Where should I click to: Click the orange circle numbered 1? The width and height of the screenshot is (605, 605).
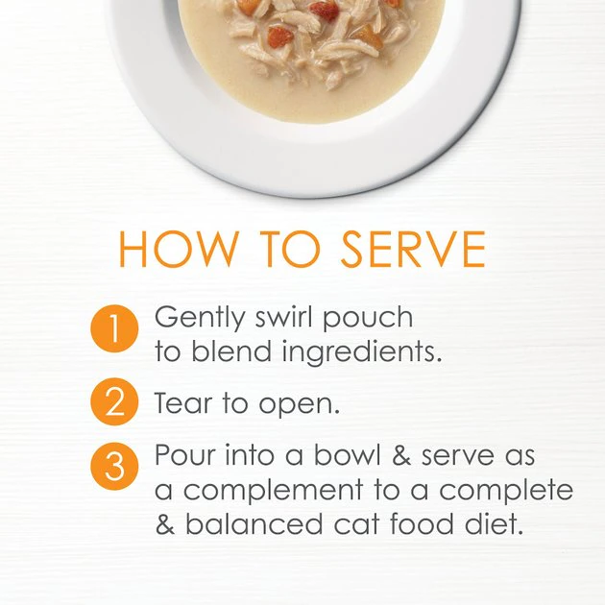coord(114,328)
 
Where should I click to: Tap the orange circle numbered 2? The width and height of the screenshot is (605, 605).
coord(114,401)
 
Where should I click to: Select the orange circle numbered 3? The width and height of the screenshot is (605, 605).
coord(114,466)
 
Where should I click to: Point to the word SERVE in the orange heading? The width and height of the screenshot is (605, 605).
coord(413,249)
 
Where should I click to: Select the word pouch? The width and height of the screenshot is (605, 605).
coord(368,319)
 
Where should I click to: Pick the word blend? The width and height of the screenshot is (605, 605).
coord(231,351)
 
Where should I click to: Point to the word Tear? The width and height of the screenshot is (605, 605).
coord(183,402)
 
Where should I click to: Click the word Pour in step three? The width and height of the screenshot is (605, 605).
coord(185,454)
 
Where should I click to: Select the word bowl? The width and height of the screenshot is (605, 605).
coord(348,454)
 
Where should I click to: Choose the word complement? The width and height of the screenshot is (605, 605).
coord(273,492)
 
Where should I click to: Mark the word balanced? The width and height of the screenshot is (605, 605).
coord(254,523)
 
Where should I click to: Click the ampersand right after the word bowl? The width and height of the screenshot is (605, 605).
coord(401,454)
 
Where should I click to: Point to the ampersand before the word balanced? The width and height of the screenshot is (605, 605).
coord(165,523)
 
